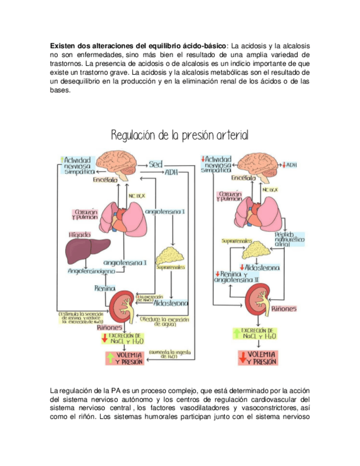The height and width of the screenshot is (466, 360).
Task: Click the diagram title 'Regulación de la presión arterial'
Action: [180, 135]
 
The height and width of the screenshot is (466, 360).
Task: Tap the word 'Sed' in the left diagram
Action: [156, 164]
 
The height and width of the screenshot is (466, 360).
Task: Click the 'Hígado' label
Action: [80, 235]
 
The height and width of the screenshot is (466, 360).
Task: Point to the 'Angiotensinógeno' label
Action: [91, 271]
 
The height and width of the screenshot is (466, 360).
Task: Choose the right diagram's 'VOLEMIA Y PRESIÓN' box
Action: [257, 358]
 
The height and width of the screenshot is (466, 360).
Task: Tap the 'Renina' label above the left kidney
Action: [104, 288]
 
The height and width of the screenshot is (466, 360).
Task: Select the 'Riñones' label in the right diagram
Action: [283, 309]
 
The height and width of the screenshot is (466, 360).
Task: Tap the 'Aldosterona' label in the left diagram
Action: [171, 303]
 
